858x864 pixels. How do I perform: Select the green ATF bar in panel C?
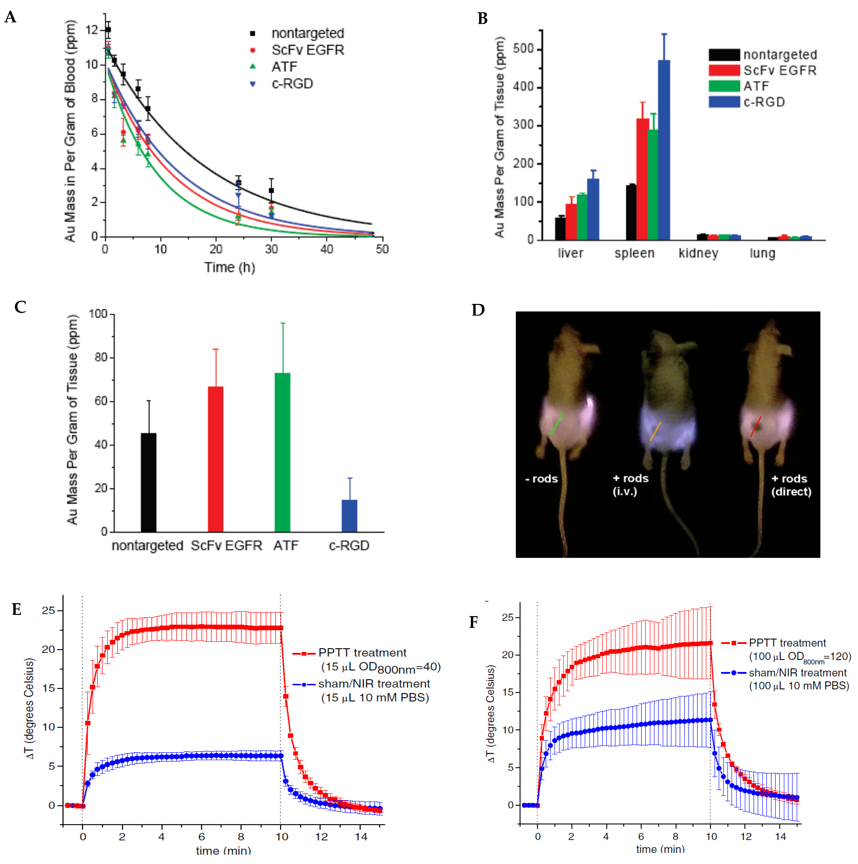coord(282,452)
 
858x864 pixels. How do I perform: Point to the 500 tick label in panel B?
coord(523,49)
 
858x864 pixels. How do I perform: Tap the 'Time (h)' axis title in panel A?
coord(230,267)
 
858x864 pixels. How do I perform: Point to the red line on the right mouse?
coord(756,426)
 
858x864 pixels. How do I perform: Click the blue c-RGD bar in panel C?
coord(349,516)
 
